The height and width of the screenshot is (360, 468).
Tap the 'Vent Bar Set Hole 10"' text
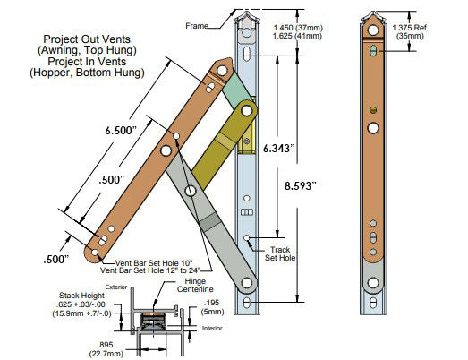click(146, 260)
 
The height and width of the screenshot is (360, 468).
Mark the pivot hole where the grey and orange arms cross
click(190, 191)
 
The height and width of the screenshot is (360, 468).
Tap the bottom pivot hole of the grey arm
click(244, 284)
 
